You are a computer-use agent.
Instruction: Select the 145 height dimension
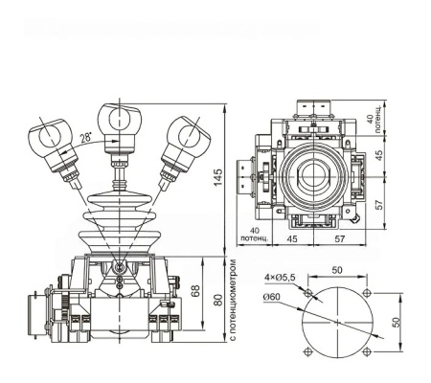point(218,177)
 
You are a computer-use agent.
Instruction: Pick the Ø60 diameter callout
point(270,297)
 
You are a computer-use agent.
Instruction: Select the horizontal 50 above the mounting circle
point(336,271)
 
